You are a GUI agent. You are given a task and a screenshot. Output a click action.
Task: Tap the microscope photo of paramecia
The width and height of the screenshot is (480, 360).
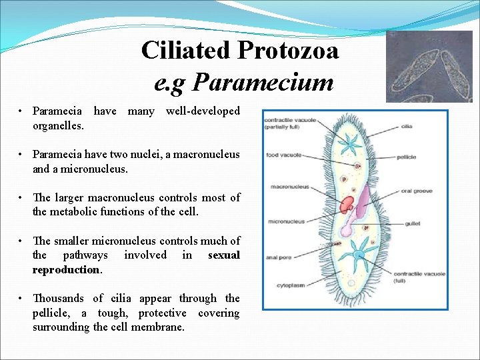click(429, 67)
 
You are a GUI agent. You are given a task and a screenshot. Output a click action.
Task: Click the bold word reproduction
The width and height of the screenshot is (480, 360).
click(67, 270)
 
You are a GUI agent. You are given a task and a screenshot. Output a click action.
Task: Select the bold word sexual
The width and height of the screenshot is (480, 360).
click(223, 255)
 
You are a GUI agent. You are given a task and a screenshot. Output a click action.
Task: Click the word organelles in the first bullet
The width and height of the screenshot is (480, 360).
click(57, 125)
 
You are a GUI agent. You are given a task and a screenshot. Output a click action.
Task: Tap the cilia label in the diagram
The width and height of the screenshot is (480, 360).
click(407, 127)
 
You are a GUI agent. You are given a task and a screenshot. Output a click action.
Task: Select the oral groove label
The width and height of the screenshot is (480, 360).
click(416, 191)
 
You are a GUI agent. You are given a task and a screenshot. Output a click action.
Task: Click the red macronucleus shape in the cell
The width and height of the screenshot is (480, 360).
click(348, 205)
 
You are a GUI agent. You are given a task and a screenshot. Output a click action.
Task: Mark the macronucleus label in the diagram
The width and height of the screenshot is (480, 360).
click(289, 187)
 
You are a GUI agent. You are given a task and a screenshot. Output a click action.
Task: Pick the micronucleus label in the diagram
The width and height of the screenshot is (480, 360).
click(287, 221)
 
